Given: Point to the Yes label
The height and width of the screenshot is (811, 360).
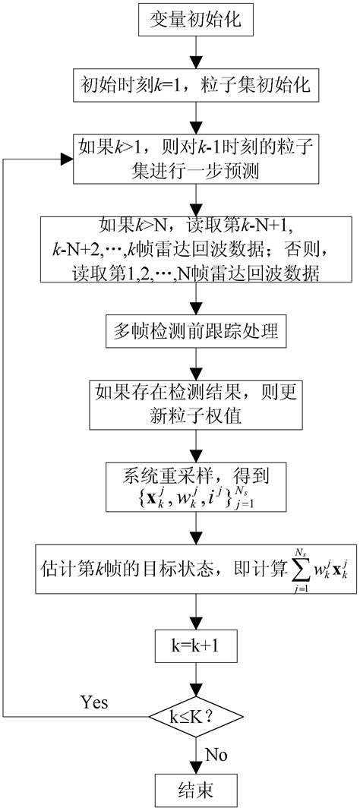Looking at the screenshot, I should [93, 702].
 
